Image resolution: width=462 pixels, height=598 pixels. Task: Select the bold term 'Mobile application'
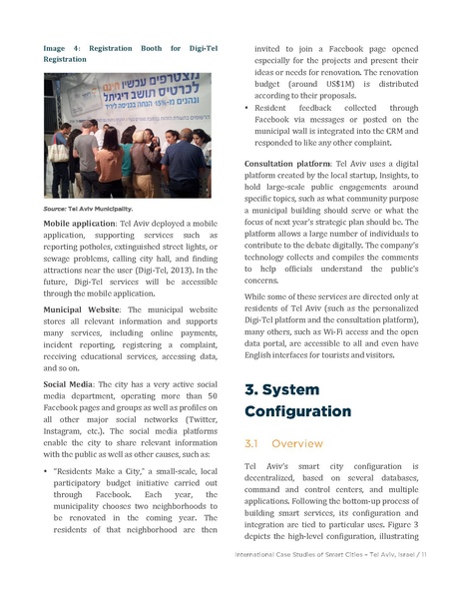[79, 225]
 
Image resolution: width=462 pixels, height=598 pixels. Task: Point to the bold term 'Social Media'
[67, 383]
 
